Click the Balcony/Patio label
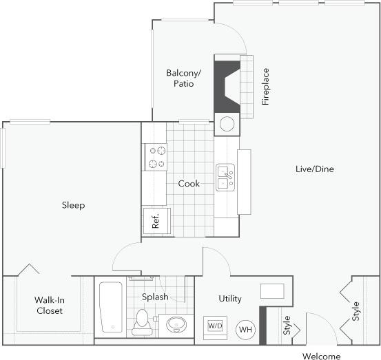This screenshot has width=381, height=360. coord(183,78)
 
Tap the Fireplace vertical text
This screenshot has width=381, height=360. coord(265,87)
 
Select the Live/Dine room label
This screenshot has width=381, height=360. coord(314,169)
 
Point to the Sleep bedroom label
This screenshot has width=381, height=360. coord(73,205)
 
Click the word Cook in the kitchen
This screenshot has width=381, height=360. coord(189,184)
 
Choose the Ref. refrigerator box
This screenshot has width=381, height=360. coord(156,220)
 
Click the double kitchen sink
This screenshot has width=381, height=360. coord(225,177)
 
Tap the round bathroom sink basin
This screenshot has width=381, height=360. coord(177,324)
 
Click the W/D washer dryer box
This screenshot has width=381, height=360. coord(214,326)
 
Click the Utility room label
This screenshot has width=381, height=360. coord(229,298)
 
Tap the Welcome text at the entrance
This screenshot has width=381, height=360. coord(321,356)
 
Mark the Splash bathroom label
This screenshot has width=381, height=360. coord(155,297)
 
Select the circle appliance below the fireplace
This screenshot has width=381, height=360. coord(227,125)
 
